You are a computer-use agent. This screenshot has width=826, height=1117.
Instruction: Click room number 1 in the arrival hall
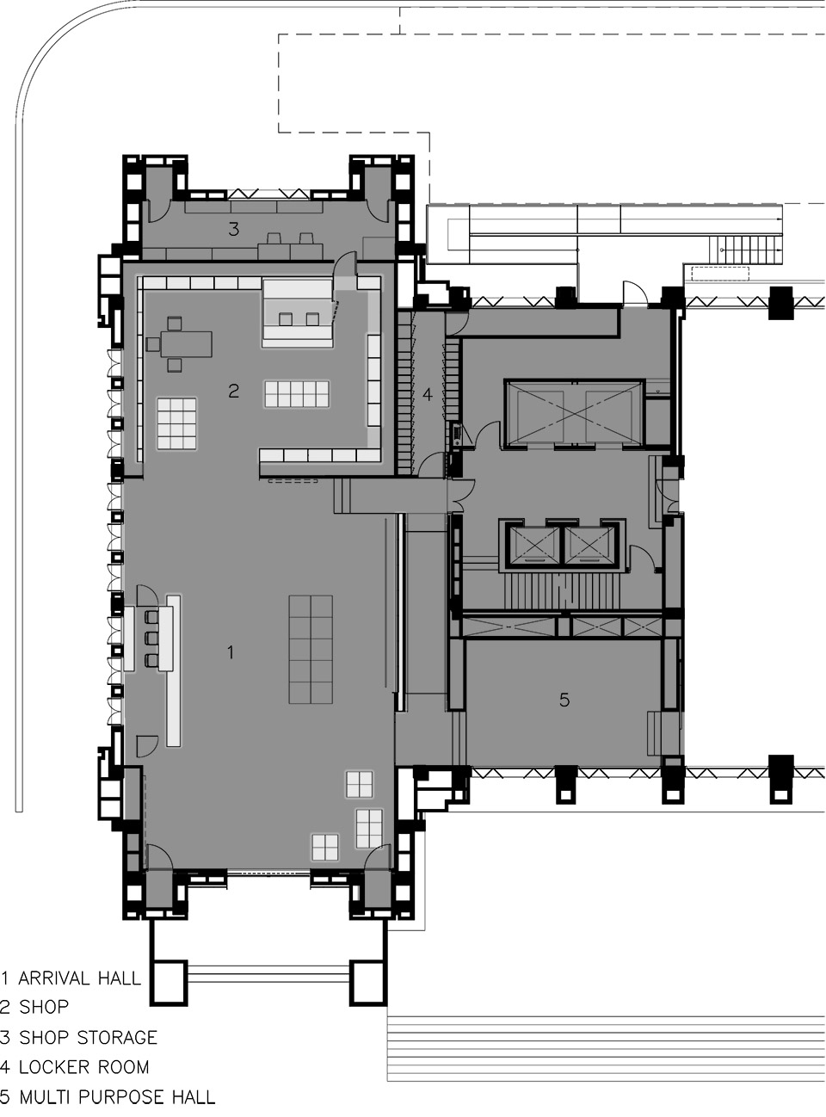(x=230, y=652)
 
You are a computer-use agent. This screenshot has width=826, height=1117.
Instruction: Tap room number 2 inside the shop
(x=233, y=391)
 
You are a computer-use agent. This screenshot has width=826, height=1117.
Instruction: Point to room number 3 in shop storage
(x=233, y=228)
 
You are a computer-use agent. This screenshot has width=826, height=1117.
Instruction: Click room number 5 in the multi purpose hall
(x=564, y=700)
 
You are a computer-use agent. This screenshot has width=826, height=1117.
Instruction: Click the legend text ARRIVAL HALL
(x=79, y=978)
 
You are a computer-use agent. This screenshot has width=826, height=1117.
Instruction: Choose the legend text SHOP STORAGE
(x=88, y=1038)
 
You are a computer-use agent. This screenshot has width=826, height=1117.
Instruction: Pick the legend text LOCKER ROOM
(x=83, y=1068)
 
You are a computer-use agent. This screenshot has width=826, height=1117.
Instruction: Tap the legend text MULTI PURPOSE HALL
(x=117, y=1097)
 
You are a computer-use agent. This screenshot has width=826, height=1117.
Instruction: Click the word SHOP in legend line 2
(x=44, y=1008)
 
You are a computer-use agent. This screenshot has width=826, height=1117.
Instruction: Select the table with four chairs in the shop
(x=179, y=343)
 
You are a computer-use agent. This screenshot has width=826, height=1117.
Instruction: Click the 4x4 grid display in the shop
(x=176, y=423)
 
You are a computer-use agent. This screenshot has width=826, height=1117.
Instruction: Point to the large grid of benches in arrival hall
(x=311, y=649)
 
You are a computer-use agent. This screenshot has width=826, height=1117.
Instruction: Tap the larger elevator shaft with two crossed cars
(x=571, y=413)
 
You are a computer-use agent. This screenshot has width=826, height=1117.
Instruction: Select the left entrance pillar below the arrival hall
(x=170, y=982)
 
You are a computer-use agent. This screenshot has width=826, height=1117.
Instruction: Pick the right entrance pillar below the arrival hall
(x=369, y=982)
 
